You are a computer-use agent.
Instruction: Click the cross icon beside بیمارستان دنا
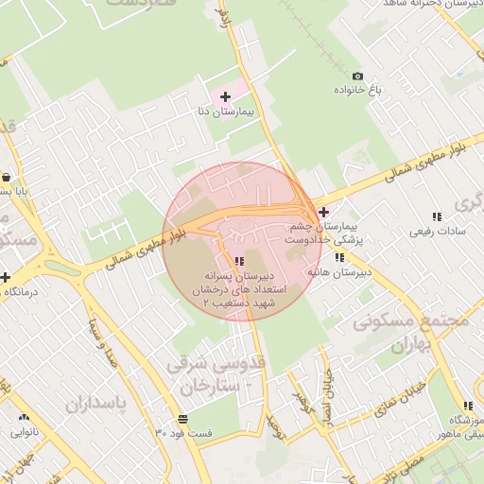(x=225, y=96)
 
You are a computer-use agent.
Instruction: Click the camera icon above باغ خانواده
(x=357, y=76)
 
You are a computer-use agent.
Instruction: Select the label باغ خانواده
(x=356, y=91)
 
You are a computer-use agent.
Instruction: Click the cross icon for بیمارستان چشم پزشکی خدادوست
(x=324, y=212)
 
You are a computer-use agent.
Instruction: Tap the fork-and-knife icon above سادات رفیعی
(x=436, y=216)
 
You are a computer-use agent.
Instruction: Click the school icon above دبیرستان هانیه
(x=339, y=257)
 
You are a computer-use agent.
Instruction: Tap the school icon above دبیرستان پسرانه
(x=239, y=260)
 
